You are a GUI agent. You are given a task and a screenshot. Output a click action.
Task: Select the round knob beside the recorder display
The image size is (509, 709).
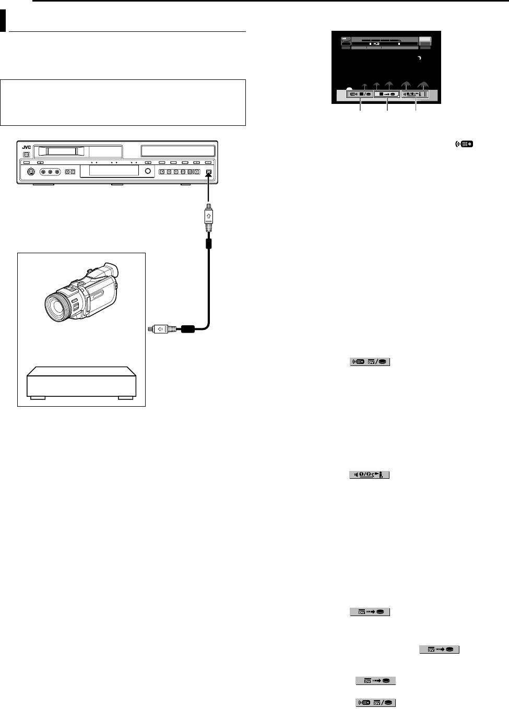148,171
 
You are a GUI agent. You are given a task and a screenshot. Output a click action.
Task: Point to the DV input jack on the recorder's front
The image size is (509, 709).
208,172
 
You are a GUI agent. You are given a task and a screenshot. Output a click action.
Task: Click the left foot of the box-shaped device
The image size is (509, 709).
37,397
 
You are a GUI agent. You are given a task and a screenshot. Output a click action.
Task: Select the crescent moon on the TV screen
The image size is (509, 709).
418,58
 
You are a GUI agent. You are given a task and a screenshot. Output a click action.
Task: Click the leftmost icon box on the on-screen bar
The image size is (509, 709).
360,94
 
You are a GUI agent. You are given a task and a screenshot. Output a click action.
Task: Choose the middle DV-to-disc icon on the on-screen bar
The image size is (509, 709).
387,94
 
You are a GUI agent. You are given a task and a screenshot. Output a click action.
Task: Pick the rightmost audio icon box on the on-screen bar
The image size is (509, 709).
416,94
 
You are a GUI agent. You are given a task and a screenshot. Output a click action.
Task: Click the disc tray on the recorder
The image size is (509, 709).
178,151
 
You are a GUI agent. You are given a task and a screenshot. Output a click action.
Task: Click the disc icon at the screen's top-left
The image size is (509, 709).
345,40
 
